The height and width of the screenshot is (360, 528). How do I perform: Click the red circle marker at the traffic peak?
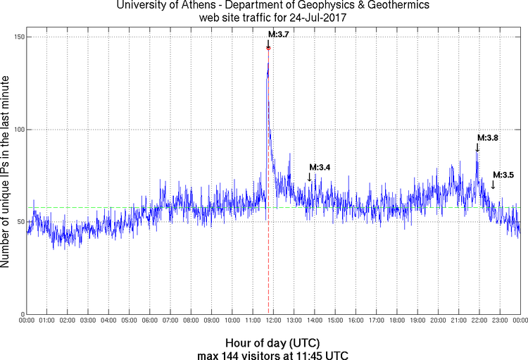[268, 48]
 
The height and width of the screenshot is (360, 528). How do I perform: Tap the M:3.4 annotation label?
[320, 167]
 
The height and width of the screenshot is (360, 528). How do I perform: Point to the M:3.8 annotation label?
[488, 138]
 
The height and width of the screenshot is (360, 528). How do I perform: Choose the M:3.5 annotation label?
[503, 175]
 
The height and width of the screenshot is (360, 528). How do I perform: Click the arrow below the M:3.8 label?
[477, 147]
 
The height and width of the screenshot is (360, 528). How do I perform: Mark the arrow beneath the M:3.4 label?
[309, 178]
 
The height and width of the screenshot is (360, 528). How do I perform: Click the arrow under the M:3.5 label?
[493, 185]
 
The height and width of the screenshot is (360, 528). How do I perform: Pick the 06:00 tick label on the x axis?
[150, 321]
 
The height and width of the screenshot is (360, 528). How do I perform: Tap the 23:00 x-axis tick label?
[499, 321]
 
